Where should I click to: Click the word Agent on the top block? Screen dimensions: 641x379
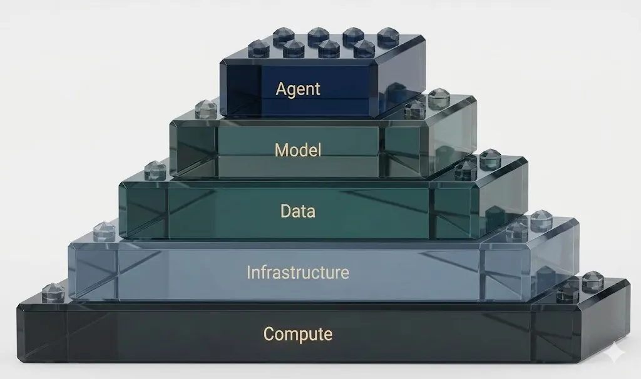point(298,89)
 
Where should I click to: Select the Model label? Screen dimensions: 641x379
point(298,150)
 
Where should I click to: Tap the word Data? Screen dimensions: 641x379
point(298,211)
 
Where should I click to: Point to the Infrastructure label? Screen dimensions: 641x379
point(298,273)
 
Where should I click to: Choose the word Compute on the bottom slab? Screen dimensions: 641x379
point(298,334)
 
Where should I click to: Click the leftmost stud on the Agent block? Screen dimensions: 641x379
point(259,48)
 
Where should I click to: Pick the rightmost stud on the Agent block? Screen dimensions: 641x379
point(388,36)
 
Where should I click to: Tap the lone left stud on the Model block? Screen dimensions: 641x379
point(205,109)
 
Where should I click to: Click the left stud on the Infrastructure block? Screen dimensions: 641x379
point(104,231)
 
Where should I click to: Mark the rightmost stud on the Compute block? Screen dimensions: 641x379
point(593,281)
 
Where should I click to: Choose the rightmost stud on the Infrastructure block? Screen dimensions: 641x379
point(541,220)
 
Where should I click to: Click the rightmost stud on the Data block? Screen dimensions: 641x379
point(490,159)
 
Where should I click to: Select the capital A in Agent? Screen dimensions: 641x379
point(280,88)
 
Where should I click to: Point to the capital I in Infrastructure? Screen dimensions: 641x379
point(249,272)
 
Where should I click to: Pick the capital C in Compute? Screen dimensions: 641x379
point(269,334)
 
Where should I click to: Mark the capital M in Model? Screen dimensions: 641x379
point(281,150)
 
